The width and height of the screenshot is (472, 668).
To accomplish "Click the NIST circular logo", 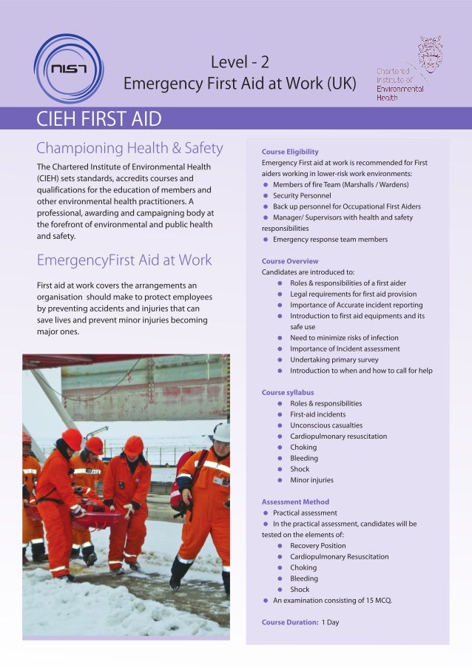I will click(69, 69).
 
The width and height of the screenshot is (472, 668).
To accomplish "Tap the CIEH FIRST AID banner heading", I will click(99, 118).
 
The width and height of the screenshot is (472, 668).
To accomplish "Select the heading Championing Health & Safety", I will click(129, 148).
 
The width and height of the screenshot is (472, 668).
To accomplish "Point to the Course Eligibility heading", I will click(290, 152).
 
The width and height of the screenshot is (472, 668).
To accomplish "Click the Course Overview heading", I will click(290, 261).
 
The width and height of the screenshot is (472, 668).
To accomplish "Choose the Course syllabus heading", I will click(288, 392).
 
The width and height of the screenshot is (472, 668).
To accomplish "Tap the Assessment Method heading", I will click(295, 502).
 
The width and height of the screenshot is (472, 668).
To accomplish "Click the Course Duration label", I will click(290, 622).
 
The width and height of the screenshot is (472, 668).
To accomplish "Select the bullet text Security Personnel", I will click(302, 195).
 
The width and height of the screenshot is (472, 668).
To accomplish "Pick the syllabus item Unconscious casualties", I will click(326, 425).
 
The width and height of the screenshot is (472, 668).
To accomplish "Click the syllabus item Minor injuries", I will click(311, 480).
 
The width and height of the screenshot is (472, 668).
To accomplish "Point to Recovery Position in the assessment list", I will click(319, 546).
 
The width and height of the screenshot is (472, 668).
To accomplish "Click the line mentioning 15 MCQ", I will click(332, 601).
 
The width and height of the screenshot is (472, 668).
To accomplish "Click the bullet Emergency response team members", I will click(330, 239).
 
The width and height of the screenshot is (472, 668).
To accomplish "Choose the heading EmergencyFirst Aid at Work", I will click(124, 260).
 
